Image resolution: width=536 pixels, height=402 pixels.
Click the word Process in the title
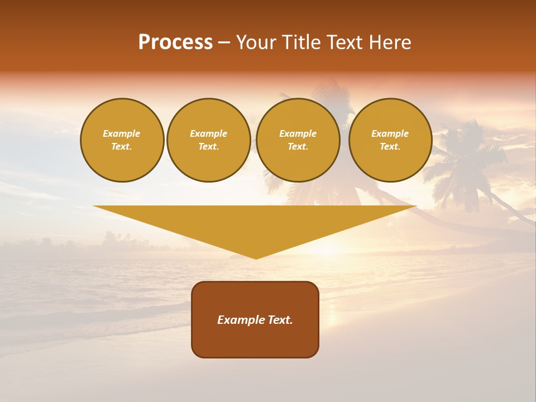pyautogui.click(x=175, y=42)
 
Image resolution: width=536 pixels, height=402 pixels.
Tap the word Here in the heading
pyautogui.click(x=389, y=42)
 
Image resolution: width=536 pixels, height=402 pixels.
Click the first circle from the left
pyautogui.click(x=122, y=140)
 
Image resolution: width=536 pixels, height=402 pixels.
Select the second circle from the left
pyautogui.click(x=209, y=140)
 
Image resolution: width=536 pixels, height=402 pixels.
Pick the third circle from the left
pyautogui.click(x=298, y=140)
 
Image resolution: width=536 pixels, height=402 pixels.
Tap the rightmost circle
pyautogui.click(x=390, y=140)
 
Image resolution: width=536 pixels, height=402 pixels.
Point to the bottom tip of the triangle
pyautogui.click(x=256, y=258)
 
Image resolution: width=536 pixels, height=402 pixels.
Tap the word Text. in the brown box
pyautogui.click(x=280, y=320)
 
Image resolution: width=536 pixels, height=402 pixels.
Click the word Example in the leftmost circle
pyautogui.click(x=122, y=133)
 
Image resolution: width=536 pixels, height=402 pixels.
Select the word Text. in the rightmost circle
pyautogui.click(x=390, y=147)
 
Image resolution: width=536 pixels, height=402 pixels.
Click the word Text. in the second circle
pyautogui.click(x=209, y=147)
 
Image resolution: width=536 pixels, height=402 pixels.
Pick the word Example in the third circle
pyautogui.click(x=298, y=133)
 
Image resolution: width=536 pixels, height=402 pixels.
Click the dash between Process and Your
pyautogui.click(x=224, y=43)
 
